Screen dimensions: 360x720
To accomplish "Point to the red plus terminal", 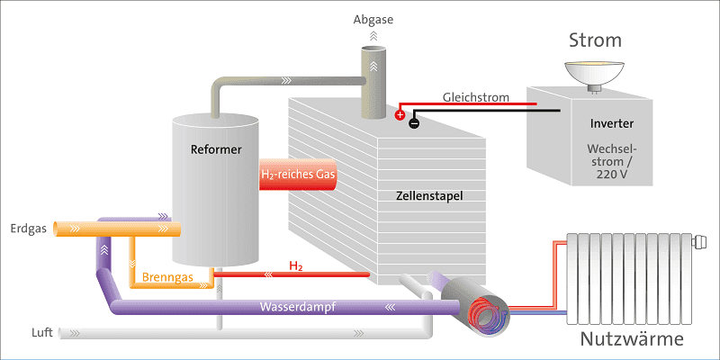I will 400,113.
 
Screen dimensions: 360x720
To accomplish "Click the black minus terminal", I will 413,123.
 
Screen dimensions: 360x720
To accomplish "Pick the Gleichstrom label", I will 475,96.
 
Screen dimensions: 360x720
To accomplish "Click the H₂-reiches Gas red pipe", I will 297,175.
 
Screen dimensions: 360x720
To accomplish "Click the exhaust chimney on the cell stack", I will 373,85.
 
